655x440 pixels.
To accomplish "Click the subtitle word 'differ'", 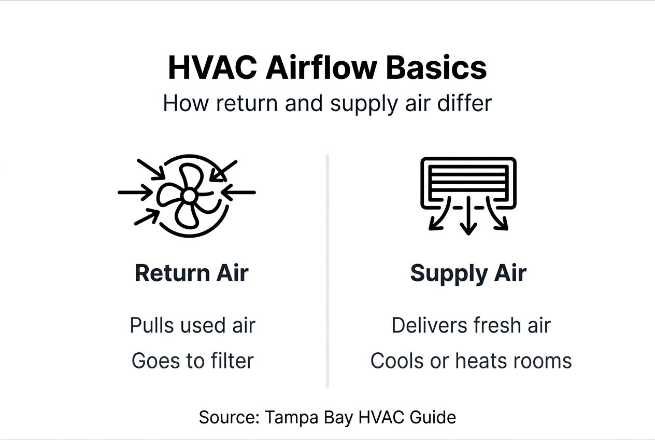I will pyautogui.click(x=468, y=103).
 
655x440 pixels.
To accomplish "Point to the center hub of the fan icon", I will pyautogui.click(x=189, y=196).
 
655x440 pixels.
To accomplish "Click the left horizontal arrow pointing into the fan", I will pyautogui.click(x=135, y=192).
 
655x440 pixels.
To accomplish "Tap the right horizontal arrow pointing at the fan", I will pyautogui.click(x=239, y=192).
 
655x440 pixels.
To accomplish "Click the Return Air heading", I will pyautogui.click(x=192, y=273).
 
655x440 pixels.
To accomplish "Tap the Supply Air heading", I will pyautogui.click(x=468, y=273).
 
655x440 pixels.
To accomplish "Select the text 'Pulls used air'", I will pyautogui.click(x=192, y=326).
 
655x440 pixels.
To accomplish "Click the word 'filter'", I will pyautogui.click(x=231, y=361).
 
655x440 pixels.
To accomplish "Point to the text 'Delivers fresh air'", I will pyautogui.click(x=471, y=326).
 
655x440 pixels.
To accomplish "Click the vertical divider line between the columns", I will pyautogui.click(x=327, y=270).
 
